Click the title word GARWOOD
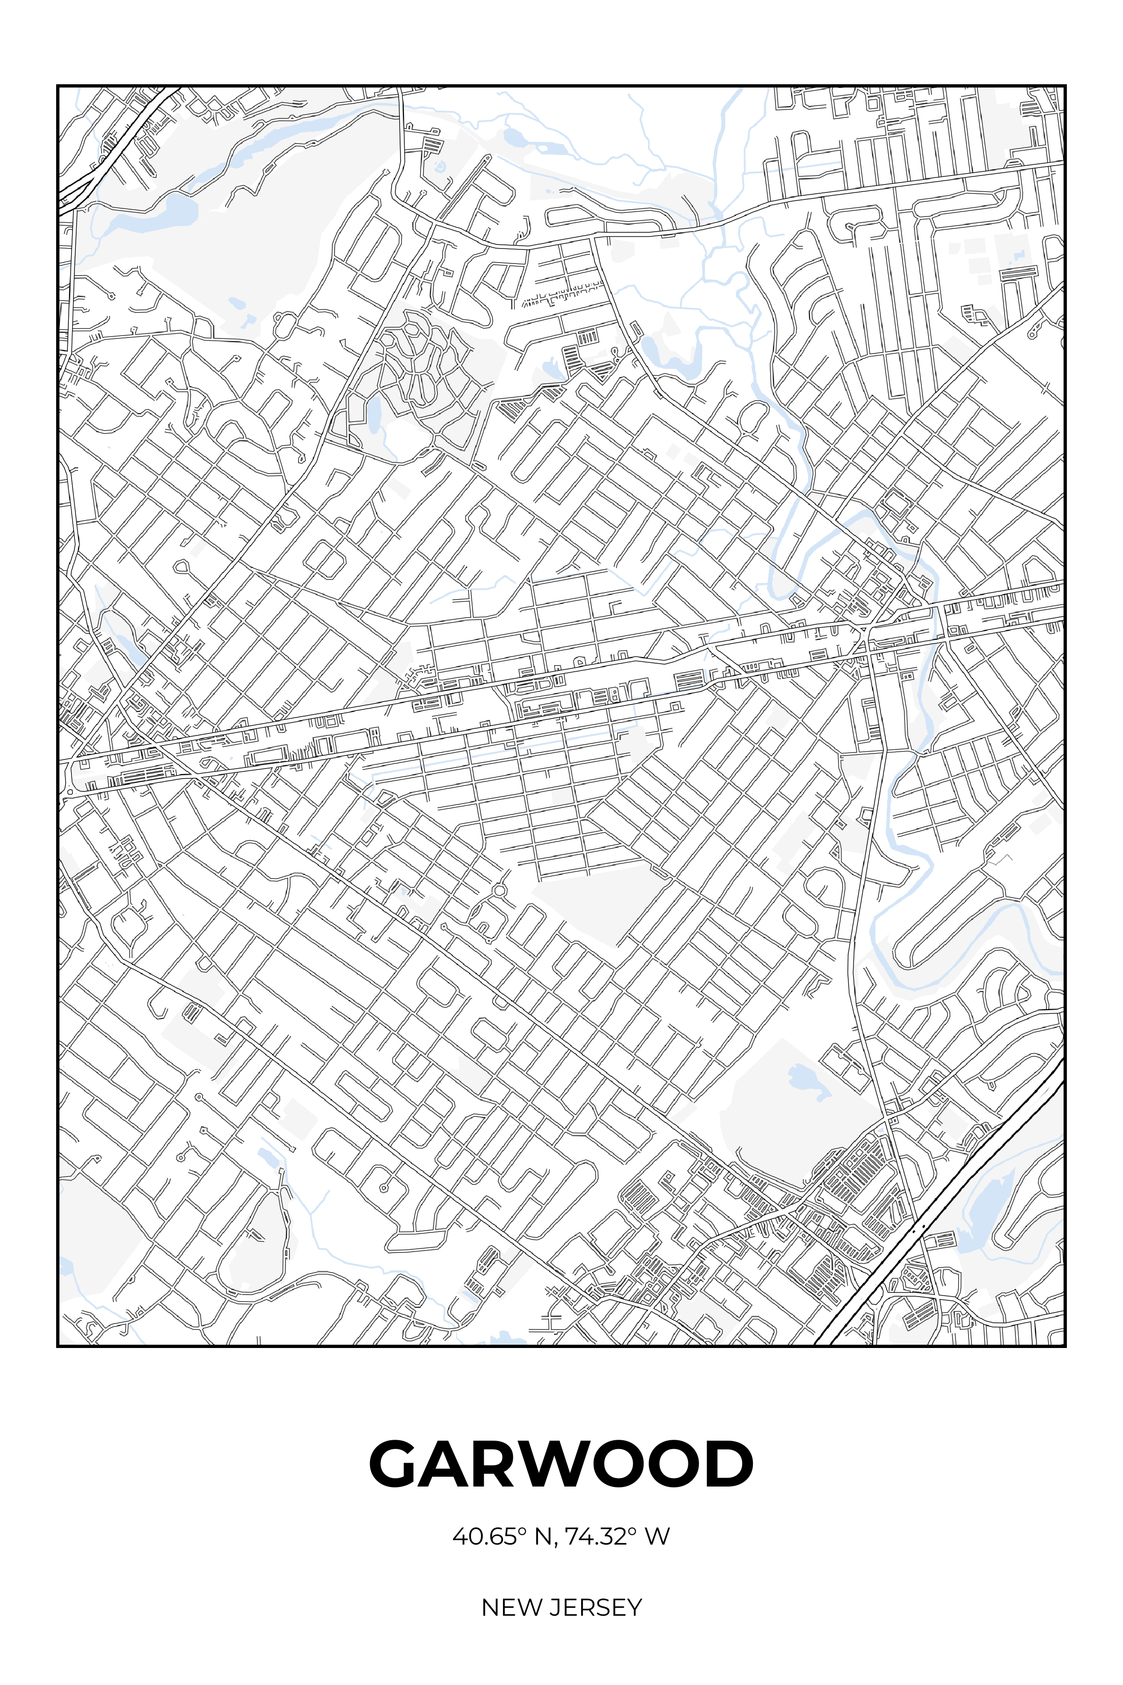point(561,1464)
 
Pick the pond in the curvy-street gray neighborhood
point(373,416)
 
